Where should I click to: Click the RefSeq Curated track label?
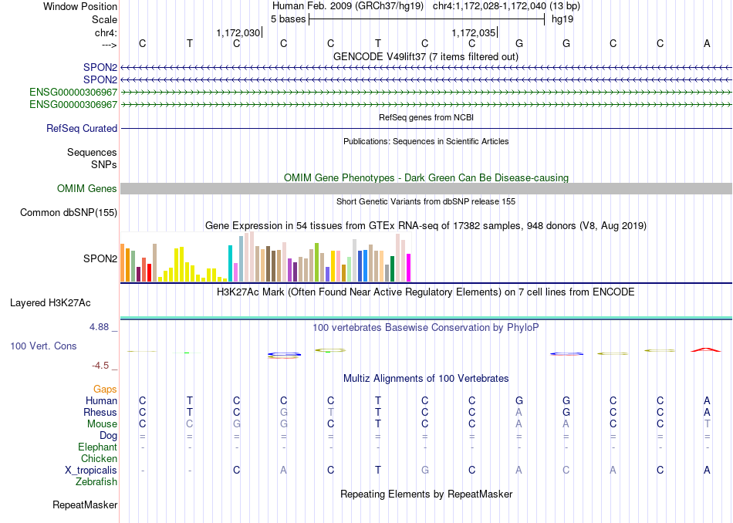point(82,129)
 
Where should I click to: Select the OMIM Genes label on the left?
point(87,188)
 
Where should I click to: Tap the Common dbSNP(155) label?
point(69,213)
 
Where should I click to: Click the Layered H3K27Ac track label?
point(50,303)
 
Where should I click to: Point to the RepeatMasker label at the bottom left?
point(85,504)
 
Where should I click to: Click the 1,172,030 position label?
point(238,32)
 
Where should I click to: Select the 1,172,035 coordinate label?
point(473,32)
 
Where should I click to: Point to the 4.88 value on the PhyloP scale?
point(99,327)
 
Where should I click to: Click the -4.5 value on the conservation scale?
point(100,366)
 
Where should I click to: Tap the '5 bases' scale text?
point(288,19)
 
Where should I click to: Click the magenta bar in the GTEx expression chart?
point(409,268)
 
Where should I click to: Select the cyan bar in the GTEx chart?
point(230,264)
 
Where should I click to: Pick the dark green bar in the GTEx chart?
point(392,268)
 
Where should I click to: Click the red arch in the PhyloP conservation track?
point(706,349)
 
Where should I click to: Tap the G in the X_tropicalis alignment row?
point(425,471)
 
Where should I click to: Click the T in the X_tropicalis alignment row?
point(378,471)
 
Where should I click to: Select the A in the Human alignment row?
point(707,400)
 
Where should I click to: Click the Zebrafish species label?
point(96,482)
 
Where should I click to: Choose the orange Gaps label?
point(105,390)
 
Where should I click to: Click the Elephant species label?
point(97,447)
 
